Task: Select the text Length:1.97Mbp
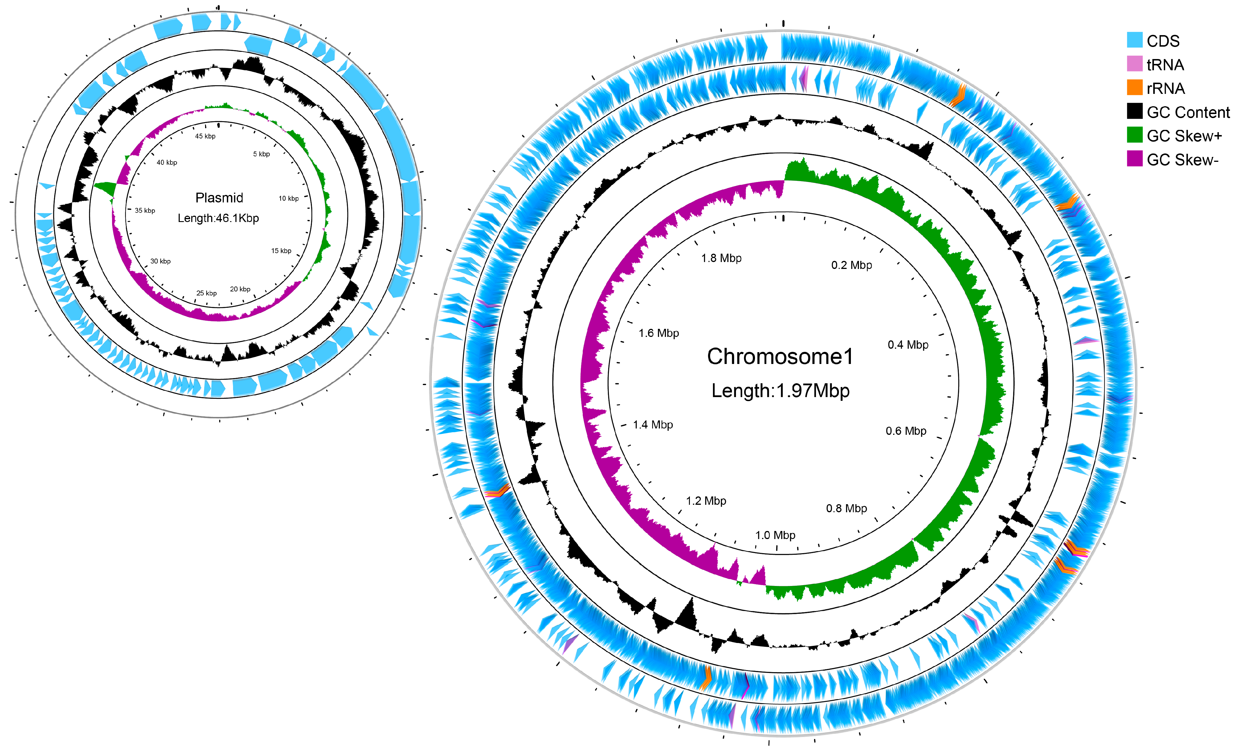[780, 390]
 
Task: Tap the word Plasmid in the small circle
[219, 198]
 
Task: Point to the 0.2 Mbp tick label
[851, 265]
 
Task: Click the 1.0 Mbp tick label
[775, 535]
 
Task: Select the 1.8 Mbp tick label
[721, 258]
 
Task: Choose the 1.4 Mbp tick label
[652, 424]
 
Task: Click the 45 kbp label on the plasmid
[205, 136]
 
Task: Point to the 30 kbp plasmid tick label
[160, 261]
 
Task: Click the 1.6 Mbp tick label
[658, 333]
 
